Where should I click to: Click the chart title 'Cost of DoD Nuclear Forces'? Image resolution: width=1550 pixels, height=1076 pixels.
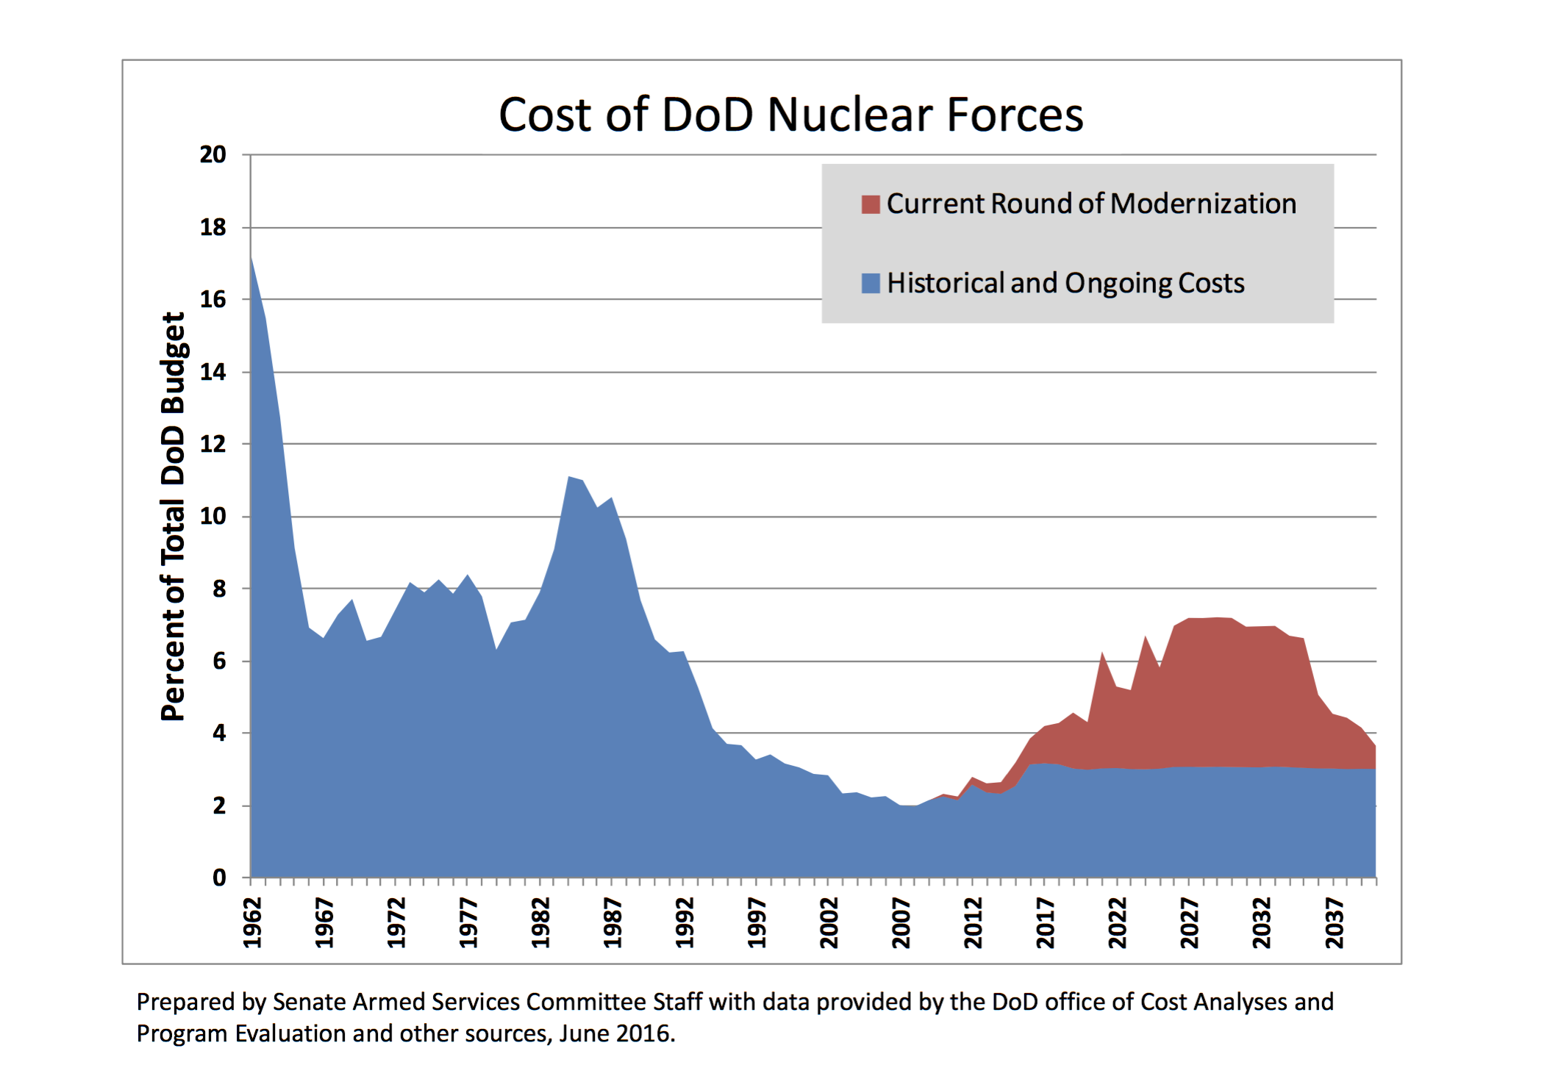point(790,115)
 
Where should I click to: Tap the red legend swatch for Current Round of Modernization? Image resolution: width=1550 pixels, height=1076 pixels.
point(871,204)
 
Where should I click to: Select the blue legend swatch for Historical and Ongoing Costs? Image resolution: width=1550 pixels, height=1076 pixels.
point(871,284)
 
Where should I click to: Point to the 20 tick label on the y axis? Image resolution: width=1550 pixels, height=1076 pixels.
point(213,154)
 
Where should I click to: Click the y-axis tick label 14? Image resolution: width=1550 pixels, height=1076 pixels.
point(213,372)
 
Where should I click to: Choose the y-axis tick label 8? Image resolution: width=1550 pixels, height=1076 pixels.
point(219,589)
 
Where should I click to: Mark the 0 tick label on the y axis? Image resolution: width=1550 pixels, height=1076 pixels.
point(219,878)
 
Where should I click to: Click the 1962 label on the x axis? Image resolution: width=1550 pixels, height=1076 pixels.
point(252,923)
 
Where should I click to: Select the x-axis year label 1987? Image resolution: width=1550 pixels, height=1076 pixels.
point(612,923)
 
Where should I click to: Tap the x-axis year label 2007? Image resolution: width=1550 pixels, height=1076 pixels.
point(901,923)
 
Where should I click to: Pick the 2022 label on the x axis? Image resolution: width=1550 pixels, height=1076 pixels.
point(1117,923)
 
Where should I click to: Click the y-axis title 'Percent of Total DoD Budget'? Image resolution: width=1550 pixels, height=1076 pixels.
point(173,516)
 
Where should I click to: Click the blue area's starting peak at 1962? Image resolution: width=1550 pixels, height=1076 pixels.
point(251,259)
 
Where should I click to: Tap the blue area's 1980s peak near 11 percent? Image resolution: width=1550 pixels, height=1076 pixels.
point(570,478)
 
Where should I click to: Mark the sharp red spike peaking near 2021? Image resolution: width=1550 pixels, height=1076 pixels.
point(1102,653)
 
